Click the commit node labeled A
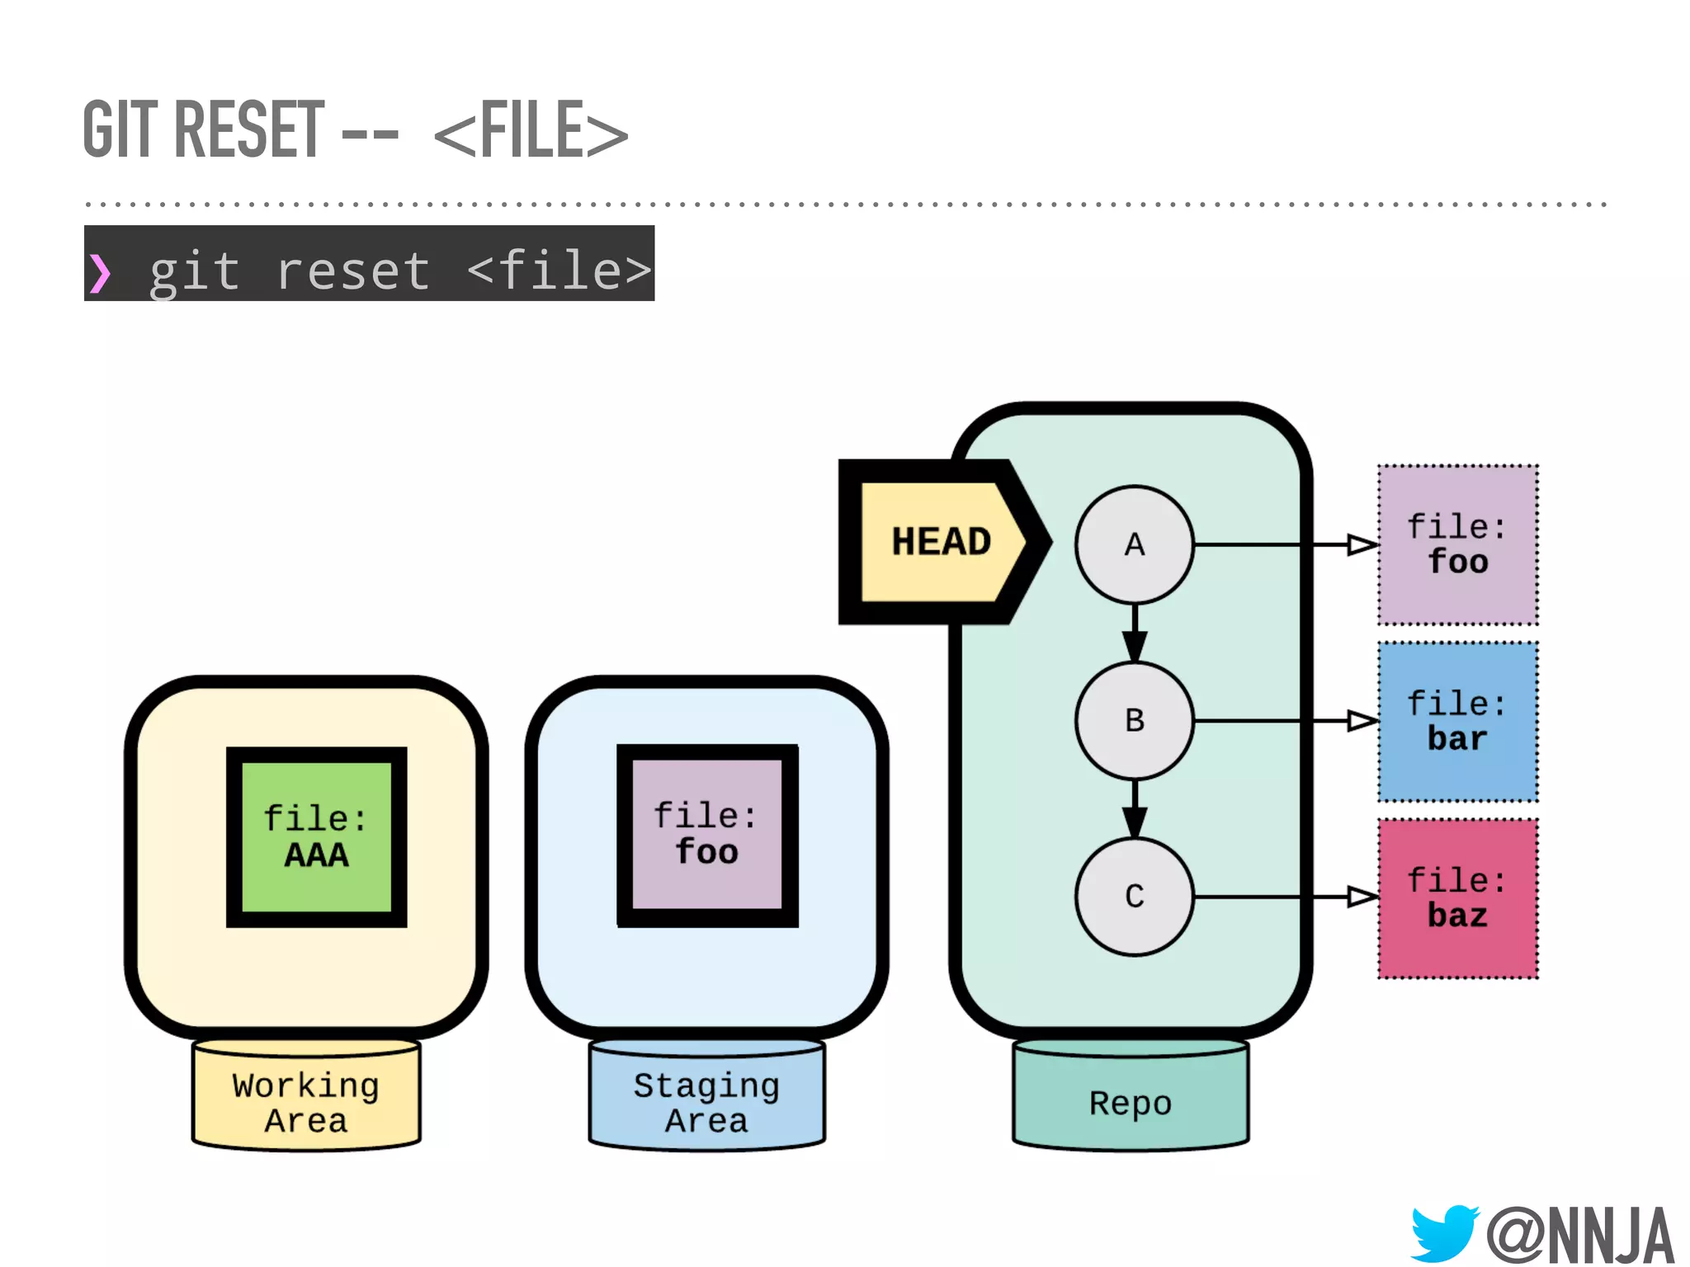(x=1134, y=544)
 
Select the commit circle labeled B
(x=1134, y=720)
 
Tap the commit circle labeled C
(x=1134, y=896)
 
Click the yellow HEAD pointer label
(x=940, y=542)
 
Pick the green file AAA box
(x=316, y=836)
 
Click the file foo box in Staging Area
(x=707, y=835)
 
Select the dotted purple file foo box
(x=1457, y=544)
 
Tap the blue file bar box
(x=1457, y=721)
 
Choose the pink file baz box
(x=1457, y=897)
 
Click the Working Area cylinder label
(x=306, y=1102)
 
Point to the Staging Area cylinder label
(x=706, y=1102)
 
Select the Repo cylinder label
(x=1130, y=1103)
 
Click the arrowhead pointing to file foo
(x=1362, y=544)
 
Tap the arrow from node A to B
(x=1134, y=634)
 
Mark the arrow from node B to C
(x=1134, y=810)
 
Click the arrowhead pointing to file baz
(x=1362, y=897)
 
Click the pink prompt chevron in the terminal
(x=100, y=273)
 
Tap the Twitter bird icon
(x=1443, y=1232)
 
